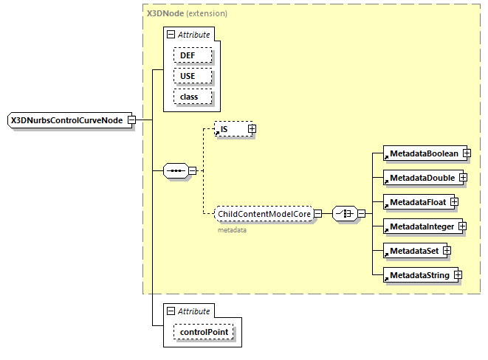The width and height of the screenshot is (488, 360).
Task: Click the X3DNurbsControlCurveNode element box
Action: pos(66,120)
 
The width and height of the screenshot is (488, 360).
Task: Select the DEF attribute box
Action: pos(193,55)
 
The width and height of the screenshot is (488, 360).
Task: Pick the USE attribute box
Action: pos(193,76)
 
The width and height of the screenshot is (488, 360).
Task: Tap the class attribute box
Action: pos(193,97)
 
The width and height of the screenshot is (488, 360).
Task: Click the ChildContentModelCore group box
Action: pos(263,214)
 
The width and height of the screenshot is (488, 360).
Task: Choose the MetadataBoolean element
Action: pos(423,153)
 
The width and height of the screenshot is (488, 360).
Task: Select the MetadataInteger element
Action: pos(421,226)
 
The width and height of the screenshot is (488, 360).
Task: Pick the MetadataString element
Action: pos(419,275)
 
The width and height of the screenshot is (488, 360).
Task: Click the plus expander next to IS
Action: pos(252,129)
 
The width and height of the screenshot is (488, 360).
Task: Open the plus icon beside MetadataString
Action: pos(458,275)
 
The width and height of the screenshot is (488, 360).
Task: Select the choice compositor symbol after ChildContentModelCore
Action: pos(344,214)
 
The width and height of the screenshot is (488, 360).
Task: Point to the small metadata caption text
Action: pos(231,230)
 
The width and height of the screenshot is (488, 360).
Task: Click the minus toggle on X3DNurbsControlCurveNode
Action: pos(131,120)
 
